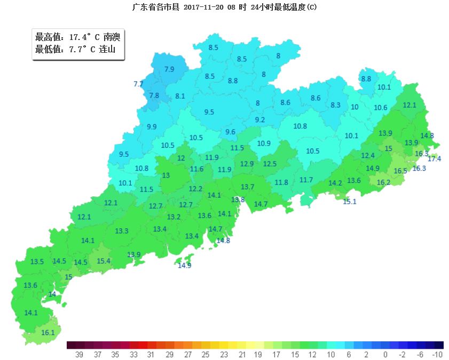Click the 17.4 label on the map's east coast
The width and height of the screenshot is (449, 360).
click(435, 159)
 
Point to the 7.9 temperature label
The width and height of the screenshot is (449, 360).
click(169, 69)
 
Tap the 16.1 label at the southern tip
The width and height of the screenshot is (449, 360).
click(48, 332)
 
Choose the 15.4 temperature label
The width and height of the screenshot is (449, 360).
click(104, 261)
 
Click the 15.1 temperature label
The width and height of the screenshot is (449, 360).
click(350, 202)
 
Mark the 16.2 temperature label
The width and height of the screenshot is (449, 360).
click(383, 182)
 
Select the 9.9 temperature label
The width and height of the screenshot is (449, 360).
click(152, 127)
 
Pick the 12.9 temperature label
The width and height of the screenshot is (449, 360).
click(247, 164)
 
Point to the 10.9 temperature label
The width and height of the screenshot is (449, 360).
click(264, 143)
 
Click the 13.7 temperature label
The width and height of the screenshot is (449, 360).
click(248, 187)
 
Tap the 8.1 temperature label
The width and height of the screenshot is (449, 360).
click(180, 97)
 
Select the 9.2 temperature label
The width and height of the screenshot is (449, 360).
click(260, 120)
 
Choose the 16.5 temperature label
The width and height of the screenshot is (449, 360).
click(400, 171)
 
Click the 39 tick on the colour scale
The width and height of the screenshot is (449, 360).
click(80, 355)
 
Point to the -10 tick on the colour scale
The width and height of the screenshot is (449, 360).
click(438, 355)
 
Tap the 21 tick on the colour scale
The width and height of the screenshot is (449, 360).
click(242, 355)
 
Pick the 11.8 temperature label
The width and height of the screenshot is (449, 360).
click(281, 183)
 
